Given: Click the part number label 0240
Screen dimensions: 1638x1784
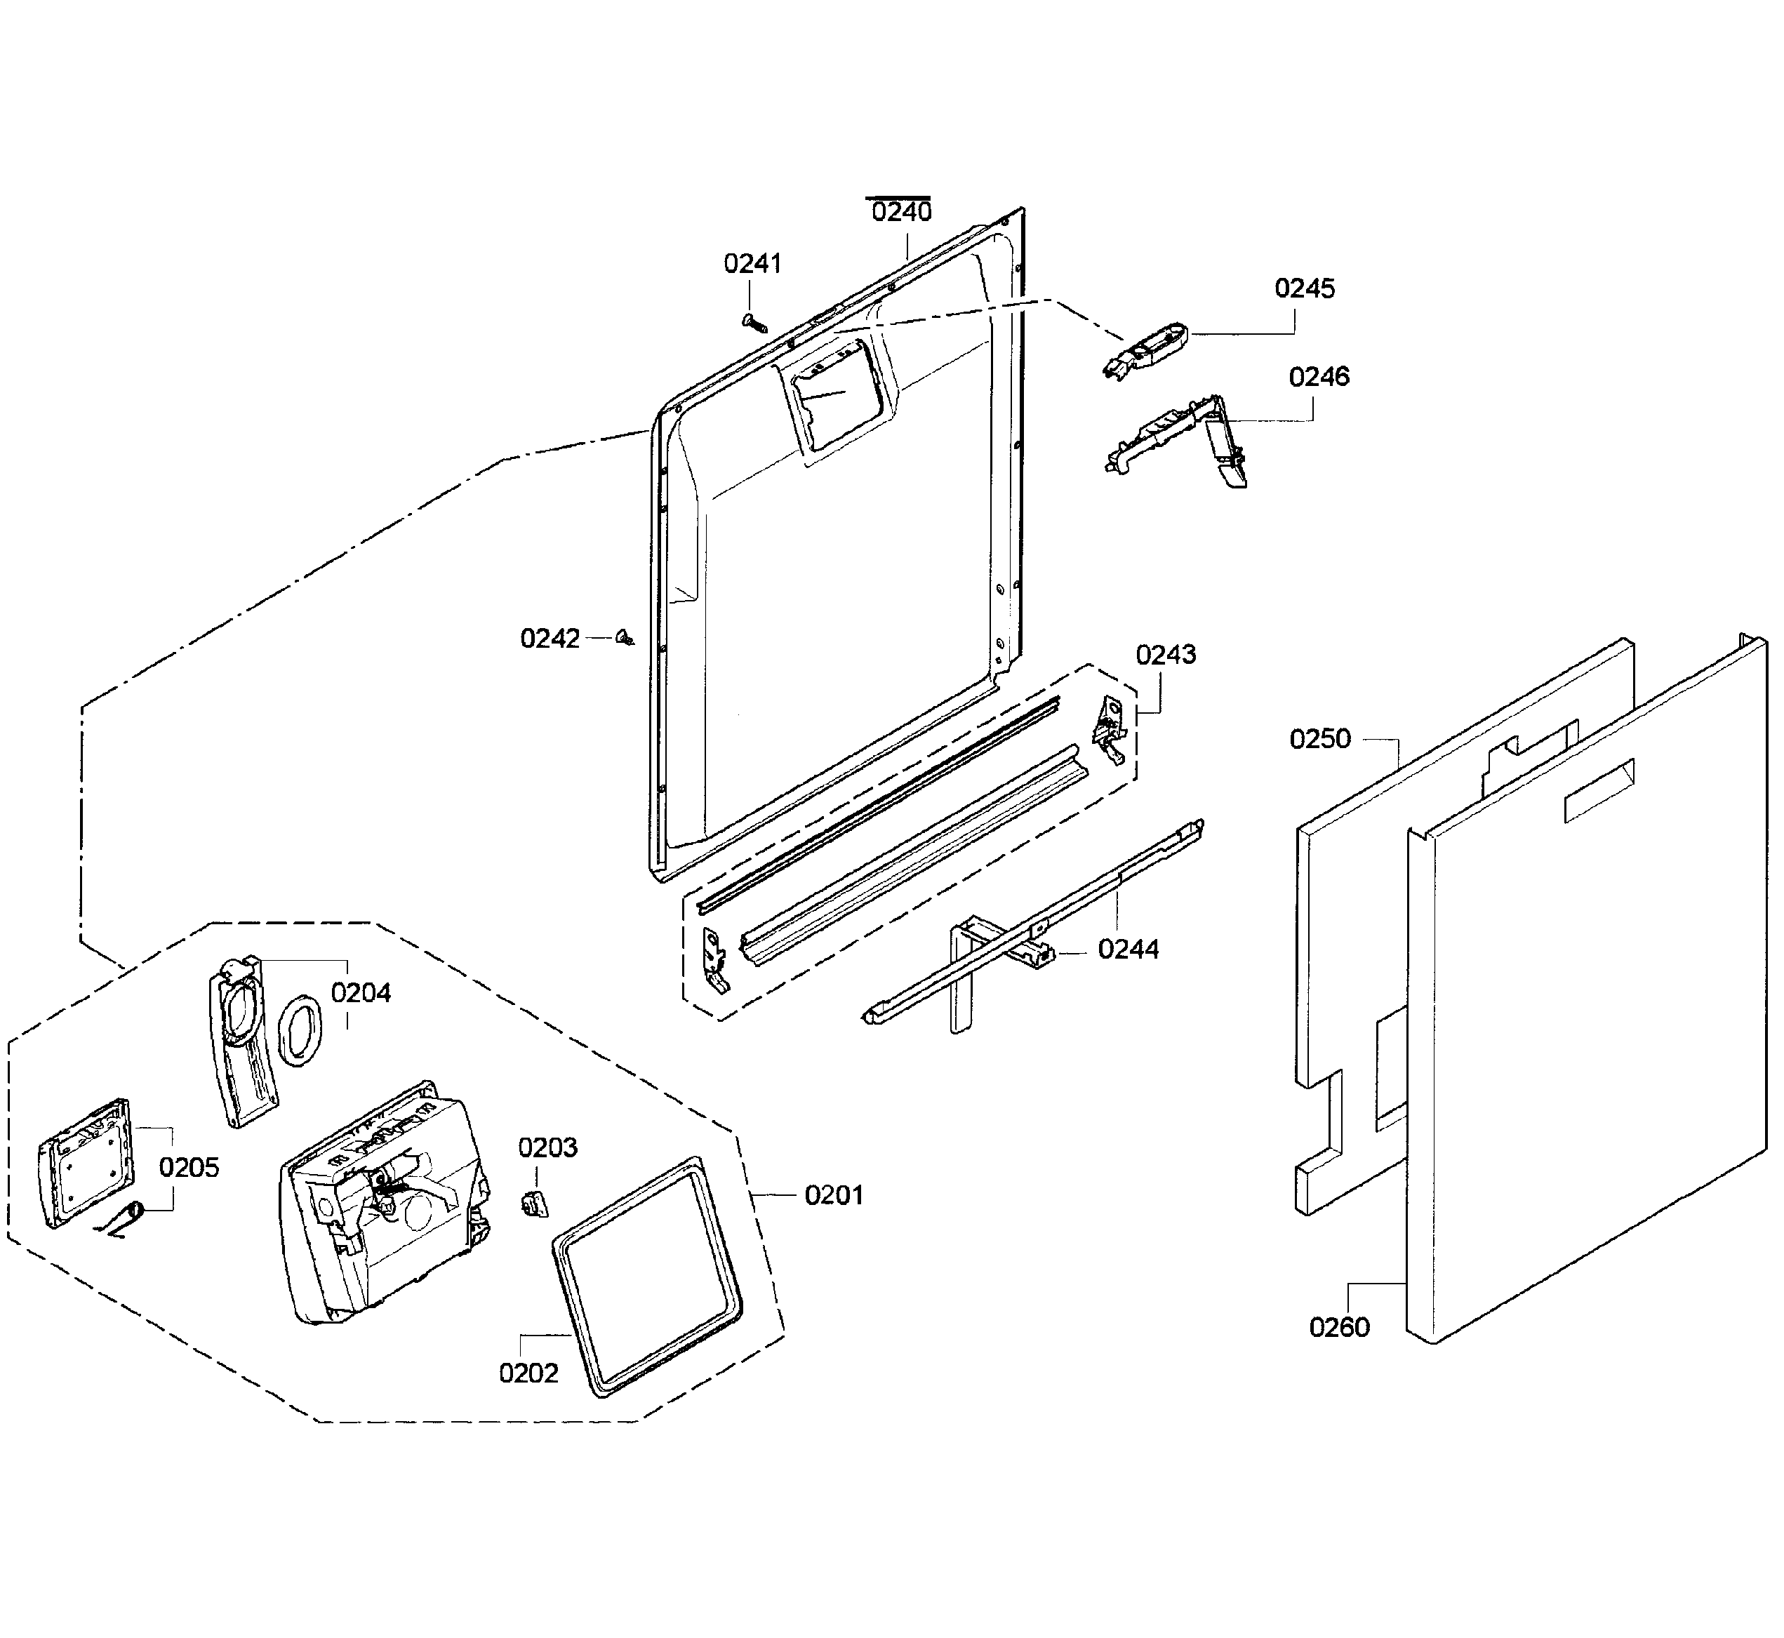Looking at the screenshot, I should click(x=901, y=212).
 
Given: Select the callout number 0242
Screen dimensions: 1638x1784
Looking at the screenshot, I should click(x=550, y=638).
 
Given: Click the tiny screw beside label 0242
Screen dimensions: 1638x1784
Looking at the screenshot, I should click(x=625, y=637).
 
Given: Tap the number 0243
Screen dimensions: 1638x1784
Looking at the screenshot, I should click(x=1166, y=654).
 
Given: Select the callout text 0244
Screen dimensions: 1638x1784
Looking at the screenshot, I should click(x=1127, y=950).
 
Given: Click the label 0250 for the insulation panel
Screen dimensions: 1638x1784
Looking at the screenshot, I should click(x=1319, y=738).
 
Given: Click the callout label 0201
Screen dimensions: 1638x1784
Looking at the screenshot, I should click(x=833, y=1195).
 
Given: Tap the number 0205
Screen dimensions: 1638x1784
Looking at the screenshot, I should click(x=189, y=1167).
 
